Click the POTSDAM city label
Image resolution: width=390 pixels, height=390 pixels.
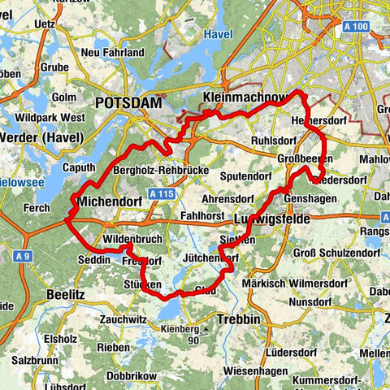click(128, 103)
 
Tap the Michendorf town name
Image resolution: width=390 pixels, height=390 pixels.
click(106, 200)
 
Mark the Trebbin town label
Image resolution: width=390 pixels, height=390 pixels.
click(238, 318)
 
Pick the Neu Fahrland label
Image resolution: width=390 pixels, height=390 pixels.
click(115, 53)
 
